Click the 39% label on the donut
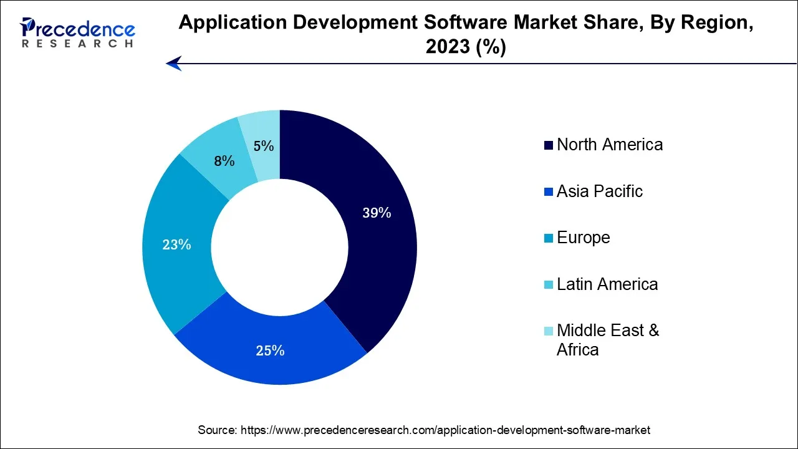377,213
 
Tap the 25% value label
270,351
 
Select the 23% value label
176,245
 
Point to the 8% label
224,162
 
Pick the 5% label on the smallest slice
264,147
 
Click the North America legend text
609,145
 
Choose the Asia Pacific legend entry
599,191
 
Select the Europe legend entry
583,238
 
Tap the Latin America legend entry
607,284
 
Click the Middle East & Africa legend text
607,340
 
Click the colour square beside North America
549,146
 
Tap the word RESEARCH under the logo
77,44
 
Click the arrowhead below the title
174,63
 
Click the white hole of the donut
279,248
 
